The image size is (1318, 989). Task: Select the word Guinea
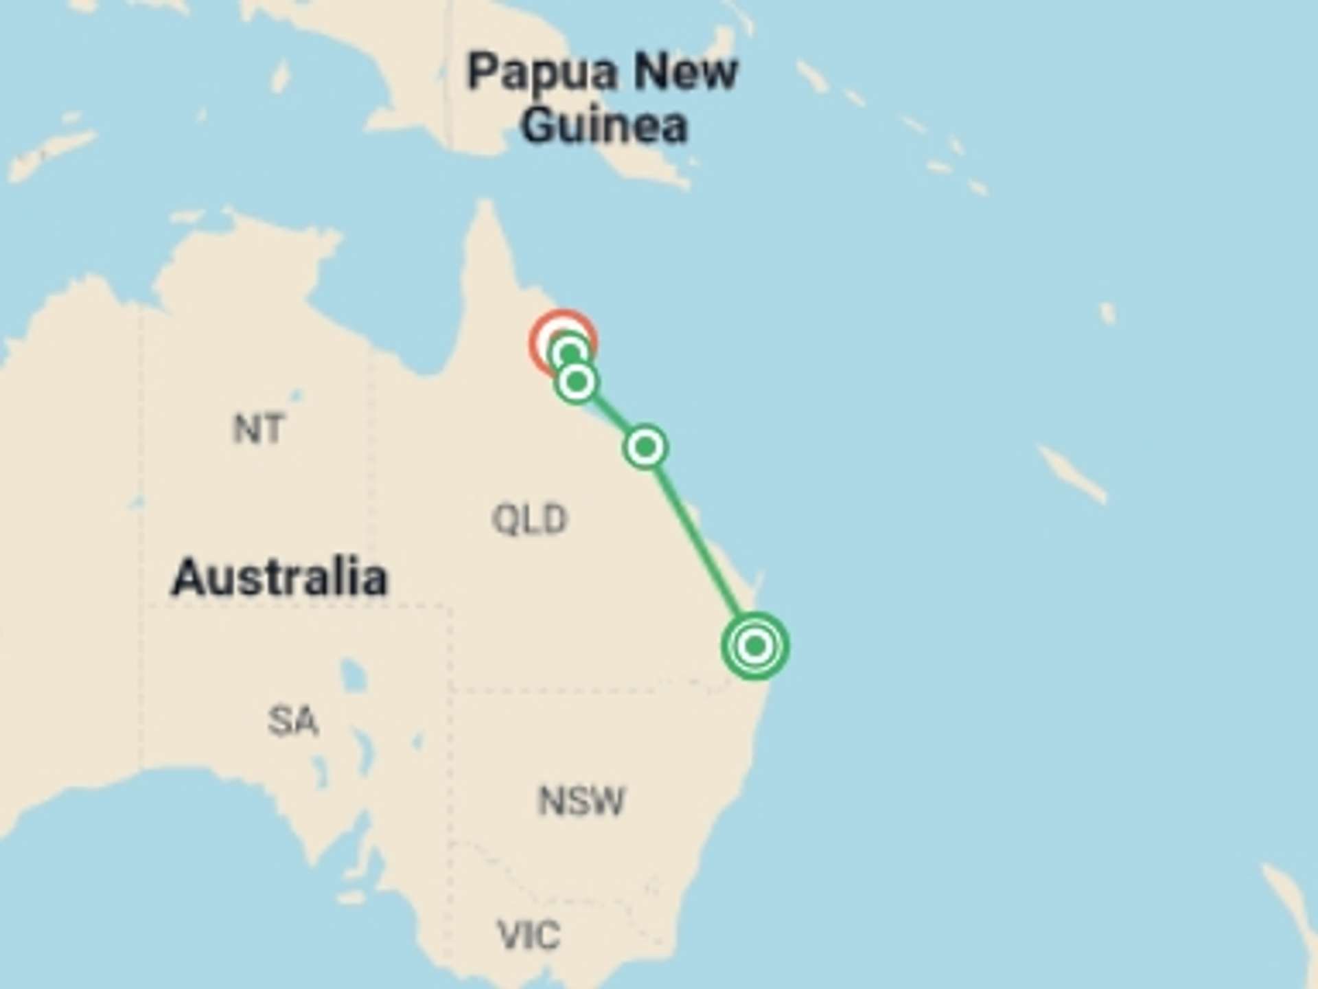point(603,125)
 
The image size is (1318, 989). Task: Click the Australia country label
point(279,577)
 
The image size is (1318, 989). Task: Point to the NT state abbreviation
point(257,429)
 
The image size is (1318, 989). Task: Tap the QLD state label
point(529,519)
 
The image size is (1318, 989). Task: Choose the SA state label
point(293,721)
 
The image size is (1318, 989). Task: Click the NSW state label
point(581,801)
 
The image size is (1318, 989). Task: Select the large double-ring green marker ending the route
point(754,646)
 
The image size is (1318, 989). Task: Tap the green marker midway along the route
point(645,447)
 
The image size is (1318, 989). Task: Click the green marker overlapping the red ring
point(570,354)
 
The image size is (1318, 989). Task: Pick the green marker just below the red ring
point(577,381)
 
